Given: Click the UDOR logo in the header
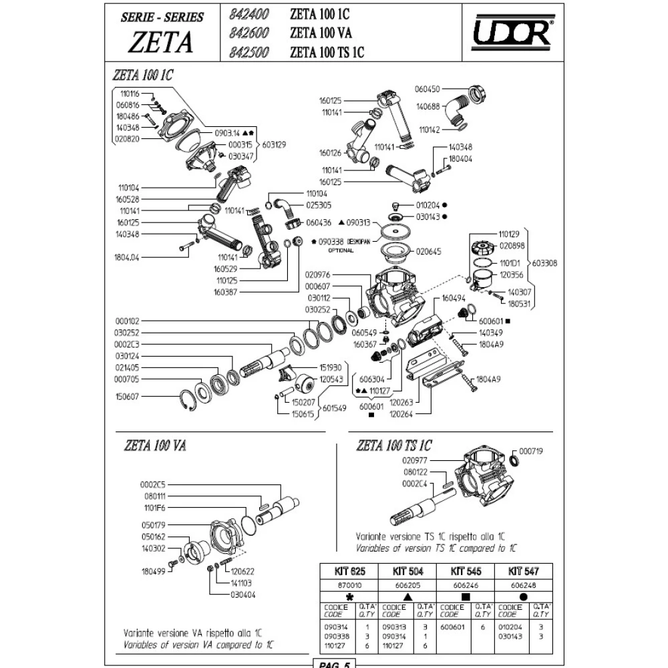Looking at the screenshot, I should coord(512,32).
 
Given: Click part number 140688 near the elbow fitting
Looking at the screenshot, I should coord(428,106).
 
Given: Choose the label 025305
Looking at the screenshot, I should coord(319,204).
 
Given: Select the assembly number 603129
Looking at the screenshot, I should coord(276,144).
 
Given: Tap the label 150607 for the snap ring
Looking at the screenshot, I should coord(128,395).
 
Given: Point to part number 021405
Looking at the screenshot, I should coord(128,367).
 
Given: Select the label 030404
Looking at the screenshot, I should coord(244,594).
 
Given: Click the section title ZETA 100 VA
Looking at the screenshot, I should coord(154,446).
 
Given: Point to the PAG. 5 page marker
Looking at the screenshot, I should coord(332,663).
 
